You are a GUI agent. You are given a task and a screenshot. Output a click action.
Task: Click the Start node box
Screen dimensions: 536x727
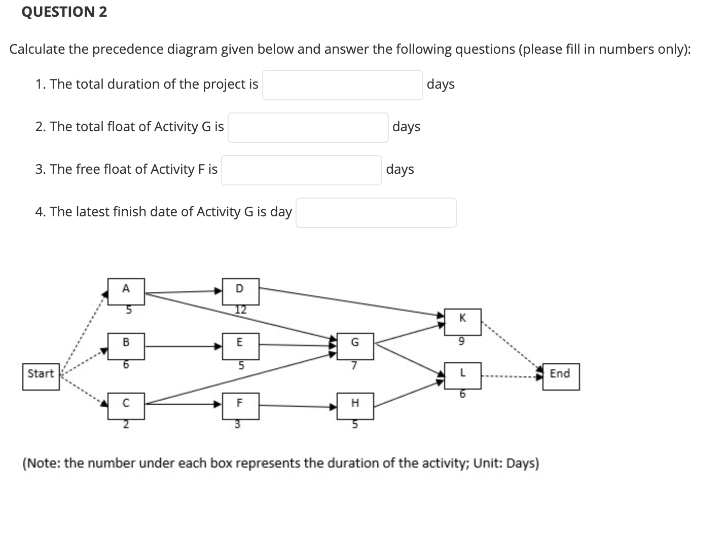pyautogui.click(x=41, y=376)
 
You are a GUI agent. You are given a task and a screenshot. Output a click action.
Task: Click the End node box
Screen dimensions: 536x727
pyautogui.click(x=561, y=376)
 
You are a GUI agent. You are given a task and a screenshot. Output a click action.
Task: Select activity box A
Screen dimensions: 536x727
pyautogui.click(x=126, y=291)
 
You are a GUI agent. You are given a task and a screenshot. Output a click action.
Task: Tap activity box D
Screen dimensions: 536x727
pyautogui.click(x=240, y=291)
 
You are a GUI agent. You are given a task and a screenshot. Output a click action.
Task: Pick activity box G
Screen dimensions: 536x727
pyautogui.click(x=355, y=346)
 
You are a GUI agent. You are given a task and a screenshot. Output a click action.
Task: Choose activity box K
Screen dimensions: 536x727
pyautogui.click(x=462, y=321)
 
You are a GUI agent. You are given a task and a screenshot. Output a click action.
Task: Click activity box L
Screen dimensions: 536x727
pyautogui.click(x=462, y=375)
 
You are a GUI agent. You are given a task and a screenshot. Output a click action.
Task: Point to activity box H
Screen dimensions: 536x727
pyautogui.click(x=355, y=406)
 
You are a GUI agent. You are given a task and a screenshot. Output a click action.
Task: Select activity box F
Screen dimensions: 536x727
pyautogui.click(x=240, y=406)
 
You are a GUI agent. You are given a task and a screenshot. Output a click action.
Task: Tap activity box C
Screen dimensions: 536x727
pyautogui.click(x=126, y=406)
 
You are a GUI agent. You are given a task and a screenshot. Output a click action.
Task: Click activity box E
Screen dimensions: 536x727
pyautogui.click(x=240, y=346)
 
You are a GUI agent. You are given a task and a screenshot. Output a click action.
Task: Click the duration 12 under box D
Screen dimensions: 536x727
pyautogui.click(x=240, y=310)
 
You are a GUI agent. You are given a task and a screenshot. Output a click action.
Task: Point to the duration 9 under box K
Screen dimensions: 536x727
pyautogui.click(x=461, y=342)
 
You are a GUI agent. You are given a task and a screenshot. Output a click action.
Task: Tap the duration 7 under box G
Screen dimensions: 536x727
pyautogui.click(x=354, y=365)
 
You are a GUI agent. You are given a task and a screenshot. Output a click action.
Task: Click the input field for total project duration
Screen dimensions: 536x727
pyautogui.click(x=342, y=85)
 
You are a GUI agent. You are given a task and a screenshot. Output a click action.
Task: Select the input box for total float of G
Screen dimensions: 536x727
pyautogui.click(x=308, y=128)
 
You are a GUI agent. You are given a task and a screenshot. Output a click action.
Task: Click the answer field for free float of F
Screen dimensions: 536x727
pyautogui.click(x=301, y=170)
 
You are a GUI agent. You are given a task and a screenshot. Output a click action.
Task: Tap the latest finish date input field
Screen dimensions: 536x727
pyautogui.click(x=376, y=213)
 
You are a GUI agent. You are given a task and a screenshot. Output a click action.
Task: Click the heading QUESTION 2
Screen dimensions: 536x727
pyautogui.click(x=64, y=12)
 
